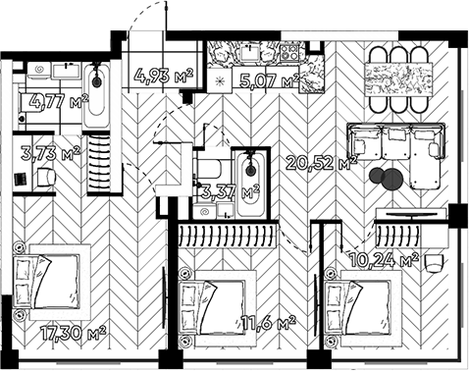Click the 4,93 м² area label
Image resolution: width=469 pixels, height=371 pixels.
click(164, 74)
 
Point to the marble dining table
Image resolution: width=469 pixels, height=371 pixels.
click(399, 76)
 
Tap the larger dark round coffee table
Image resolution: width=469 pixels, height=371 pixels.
click(391, 179)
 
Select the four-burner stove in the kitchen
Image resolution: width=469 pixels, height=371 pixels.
click(289, 52)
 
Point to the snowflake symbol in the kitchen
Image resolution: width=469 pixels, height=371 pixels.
click(220, 79)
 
